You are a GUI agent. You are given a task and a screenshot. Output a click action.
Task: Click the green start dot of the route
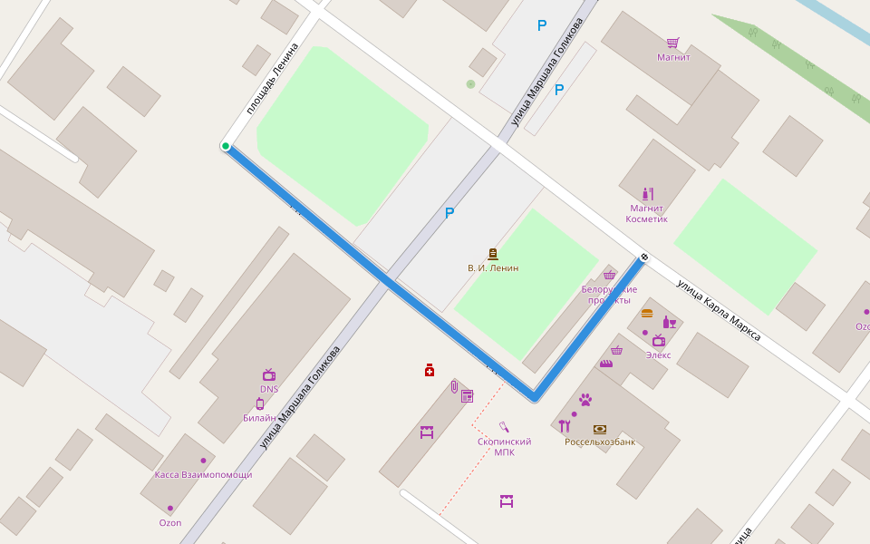tap(226, 146)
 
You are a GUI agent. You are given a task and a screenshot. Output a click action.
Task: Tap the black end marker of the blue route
tap(644, 257)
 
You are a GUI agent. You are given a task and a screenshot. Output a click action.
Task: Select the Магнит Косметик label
tap(647, 214)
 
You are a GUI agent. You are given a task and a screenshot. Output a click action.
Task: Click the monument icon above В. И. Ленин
tap(493, 254)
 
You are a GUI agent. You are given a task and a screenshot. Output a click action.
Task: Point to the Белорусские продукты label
tap(609, 295)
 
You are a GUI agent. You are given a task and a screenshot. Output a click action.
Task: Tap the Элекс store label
tap(658, 355)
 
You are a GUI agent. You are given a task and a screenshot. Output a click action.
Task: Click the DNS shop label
tap(269, 389)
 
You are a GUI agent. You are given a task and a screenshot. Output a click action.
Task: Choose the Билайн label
tap(259, 418)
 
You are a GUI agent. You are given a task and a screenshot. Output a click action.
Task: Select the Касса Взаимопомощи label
tap(203, 474)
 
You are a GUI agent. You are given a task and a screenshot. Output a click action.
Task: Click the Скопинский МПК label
tap(504, 447)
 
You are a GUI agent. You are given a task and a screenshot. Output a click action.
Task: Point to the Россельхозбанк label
tap(600, 442)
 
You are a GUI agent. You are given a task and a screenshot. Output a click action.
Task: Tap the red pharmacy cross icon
tap(430, 370)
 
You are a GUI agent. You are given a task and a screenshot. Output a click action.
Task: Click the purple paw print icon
tap(585, 399)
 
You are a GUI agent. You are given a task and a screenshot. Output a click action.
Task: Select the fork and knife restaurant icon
tap(565, 426)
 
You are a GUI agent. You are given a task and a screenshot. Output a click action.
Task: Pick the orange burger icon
tap(647, 313)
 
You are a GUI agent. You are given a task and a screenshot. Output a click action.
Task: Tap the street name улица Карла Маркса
tap(718, 310)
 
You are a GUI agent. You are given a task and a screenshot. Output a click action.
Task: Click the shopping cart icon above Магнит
tap(672, 43)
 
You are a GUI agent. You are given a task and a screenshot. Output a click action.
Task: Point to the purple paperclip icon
tap(453, 386)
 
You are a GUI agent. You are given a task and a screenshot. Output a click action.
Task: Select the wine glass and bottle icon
tap(670, 322)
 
